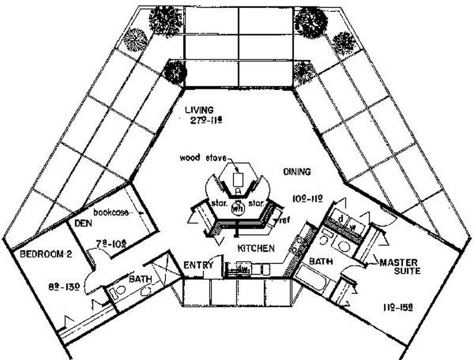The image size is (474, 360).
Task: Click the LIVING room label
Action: pos(198,110)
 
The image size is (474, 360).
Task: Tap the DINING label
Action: pos(296,172)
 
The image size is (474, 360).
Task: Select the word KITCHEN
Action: pos(256,248)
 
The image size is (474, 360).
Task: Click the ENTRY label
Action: pos(198,265)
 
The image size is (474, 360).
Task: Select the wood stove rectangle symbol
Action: pos(239,178)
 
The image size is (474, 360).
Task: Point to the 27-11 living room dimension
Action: pos(198,121)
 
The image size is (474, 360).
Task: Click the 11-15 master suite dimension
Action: pos(395,307)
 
